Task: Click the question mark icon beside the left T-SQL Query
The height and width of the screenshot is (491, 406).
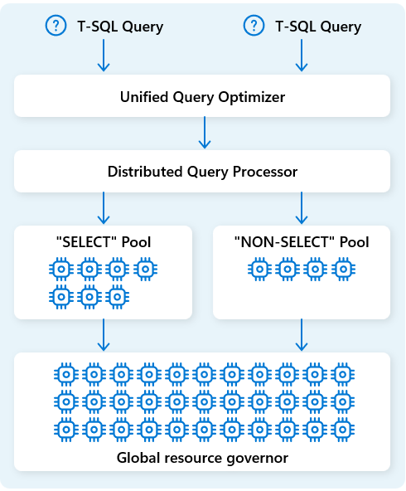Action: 55,27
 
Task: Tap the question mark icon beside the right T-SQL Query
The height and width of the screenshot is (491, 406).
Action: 253,27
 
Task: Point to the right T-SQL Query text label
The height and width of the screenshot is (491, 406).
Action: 317,27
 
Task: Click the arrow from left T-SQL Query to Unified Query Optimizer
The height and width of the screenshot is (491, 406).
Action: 103,56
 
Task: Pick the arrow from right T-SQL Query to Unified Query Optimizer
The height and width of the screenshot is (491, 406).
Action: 301,56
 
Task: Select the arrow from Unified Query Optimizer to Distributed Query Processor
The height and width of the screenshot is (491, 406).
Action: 203,132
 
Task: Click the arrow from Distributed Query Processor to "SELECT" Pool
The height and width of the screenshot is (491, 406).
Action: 103,207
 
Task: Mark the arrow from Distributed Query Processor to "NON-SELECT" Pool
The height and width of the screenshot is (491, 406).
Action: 301,207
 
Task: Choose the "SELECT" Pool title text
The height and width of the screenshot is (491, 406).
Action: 103,243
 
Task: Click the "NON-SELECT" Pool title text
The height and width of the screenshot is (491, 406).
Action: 302,243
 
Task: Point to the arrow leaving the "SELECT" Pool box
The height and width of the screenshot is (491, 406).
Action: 103,333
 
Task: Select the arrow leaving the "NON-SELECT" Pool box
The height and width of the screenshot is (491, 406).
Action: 301,333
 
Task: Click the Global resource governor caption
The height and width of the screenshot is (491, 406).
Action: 202,456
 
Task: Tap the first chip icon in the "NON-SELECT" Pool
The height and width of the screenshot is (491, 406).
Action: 259,269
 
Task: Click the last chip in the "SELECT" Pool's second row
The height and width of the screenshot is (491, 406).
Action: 117,295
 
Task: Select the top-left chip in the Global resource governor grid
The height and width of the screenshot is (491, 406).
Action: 64,374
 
